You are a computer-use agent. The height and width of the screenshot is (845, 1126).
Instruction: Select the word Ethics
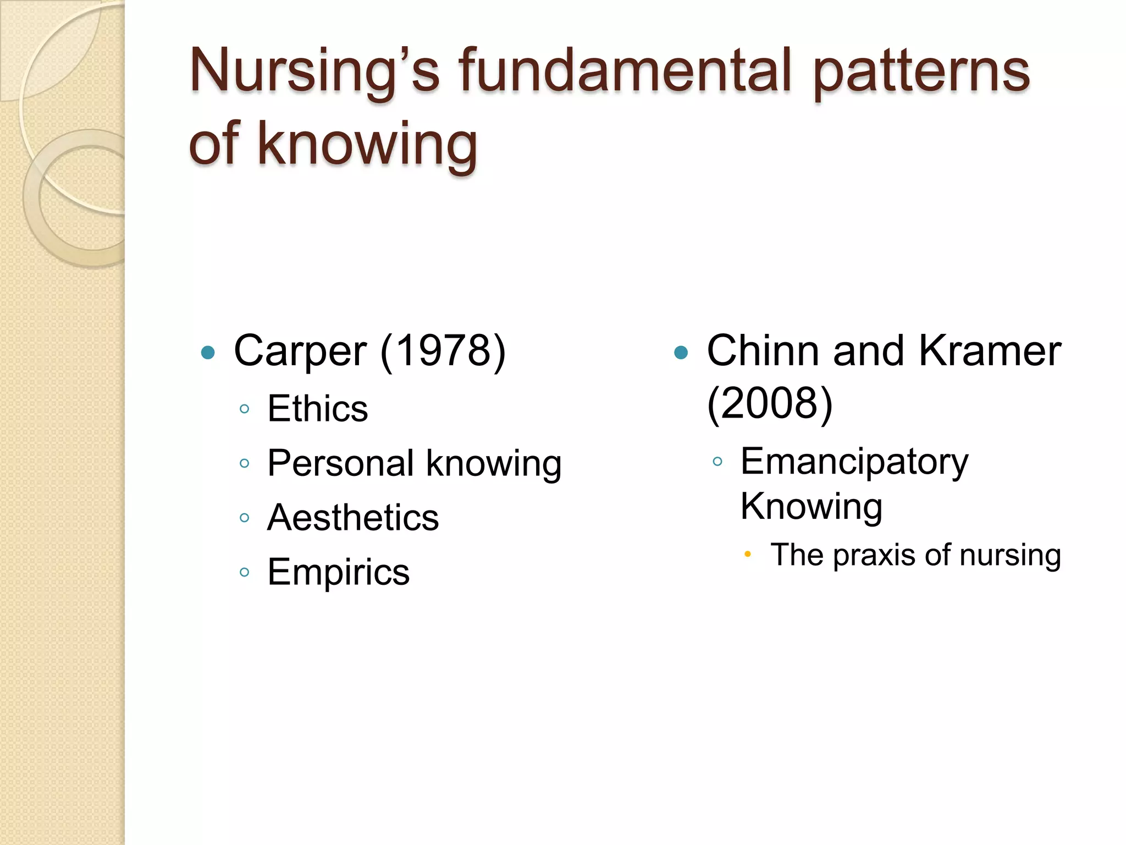click(317, 409)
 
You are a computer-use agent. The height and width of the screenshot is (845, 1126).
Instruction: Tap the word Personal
click(340, 463)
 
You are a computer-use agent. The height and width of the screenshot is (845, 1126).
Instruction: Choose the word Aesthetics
click(353, 518)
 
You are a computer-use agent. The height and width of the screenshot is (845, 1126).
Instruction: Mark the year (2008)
click(770, 403)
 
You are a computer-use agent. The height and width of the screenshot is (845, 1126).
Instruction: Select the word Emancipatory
click(854, 462)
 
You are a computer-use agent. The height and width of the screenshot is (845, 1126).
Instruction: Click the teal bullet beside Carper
click(208, 352)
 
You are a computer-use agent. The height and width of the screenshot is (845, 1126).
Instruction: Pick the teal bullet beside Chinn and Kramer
click(681, 352)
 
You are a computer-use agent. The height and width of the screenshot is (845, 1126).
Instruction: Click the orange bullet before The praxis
click(747, 555)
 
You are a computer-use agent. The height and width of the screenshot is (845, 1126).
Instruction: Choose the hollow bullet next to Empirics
click(245, 572)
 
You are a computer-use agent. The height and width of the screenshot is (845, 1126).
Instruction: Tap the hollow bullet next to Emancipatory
click(717, 462)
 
